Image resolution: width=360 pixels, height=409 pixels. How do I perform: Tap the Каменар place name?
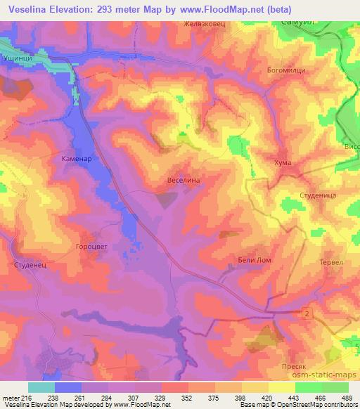pyautogui.click(x=72, y=160)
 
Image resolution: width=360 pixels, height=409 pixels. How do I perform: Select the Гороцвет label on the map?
pyautogui.click(x=88, y=247)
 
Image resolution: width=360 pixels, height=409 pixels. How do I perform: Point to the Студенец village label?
pyautogui.click(x=30, y=265)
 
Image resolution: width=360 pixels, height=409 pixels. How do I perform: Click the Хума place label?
pyautogui.click(x=282, y=163)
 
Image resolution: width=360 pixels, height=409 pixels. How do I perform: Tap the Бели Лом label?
pyautogui.click(x=255, y=260)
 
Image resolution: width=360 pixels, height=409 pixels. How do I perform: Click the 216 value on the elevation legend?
pyautogui.click(x=23, y=398)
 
